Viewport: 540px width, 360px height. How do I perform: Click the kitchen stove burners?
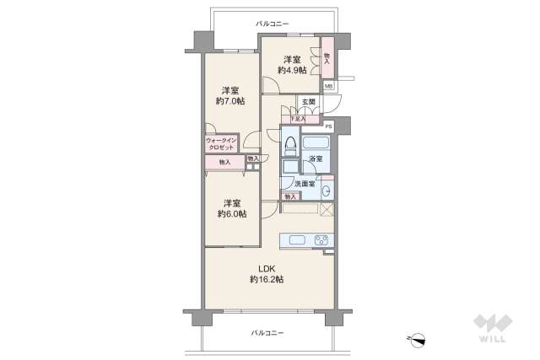click(x=321, y=240)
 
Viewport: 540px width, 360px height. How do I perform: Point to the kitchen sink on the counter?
click(x=298, y=240)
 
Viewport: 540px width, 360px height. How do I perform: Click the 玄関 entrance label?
click(x=308, y=103)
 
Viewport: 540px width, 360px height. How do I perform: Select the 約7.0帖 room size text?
click(x=229, y=101)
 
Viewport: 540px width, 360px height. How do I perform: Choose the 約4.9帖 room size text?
click(x=292, y=70)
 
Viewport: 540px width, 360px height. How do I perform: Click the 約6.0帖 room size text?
click(x=232, y=214)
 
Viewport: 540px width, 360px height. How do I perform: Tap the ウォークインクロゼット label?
click(x=220, y=144)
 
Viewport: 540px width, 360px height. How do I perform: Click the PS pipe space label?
click(x=328, y=126)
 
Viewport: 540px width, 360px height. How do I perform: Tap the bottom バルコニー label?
click(x=267, y=333)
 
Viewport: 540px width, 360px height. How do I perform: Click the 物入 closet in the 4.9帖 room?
click(x=327, y=57)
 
